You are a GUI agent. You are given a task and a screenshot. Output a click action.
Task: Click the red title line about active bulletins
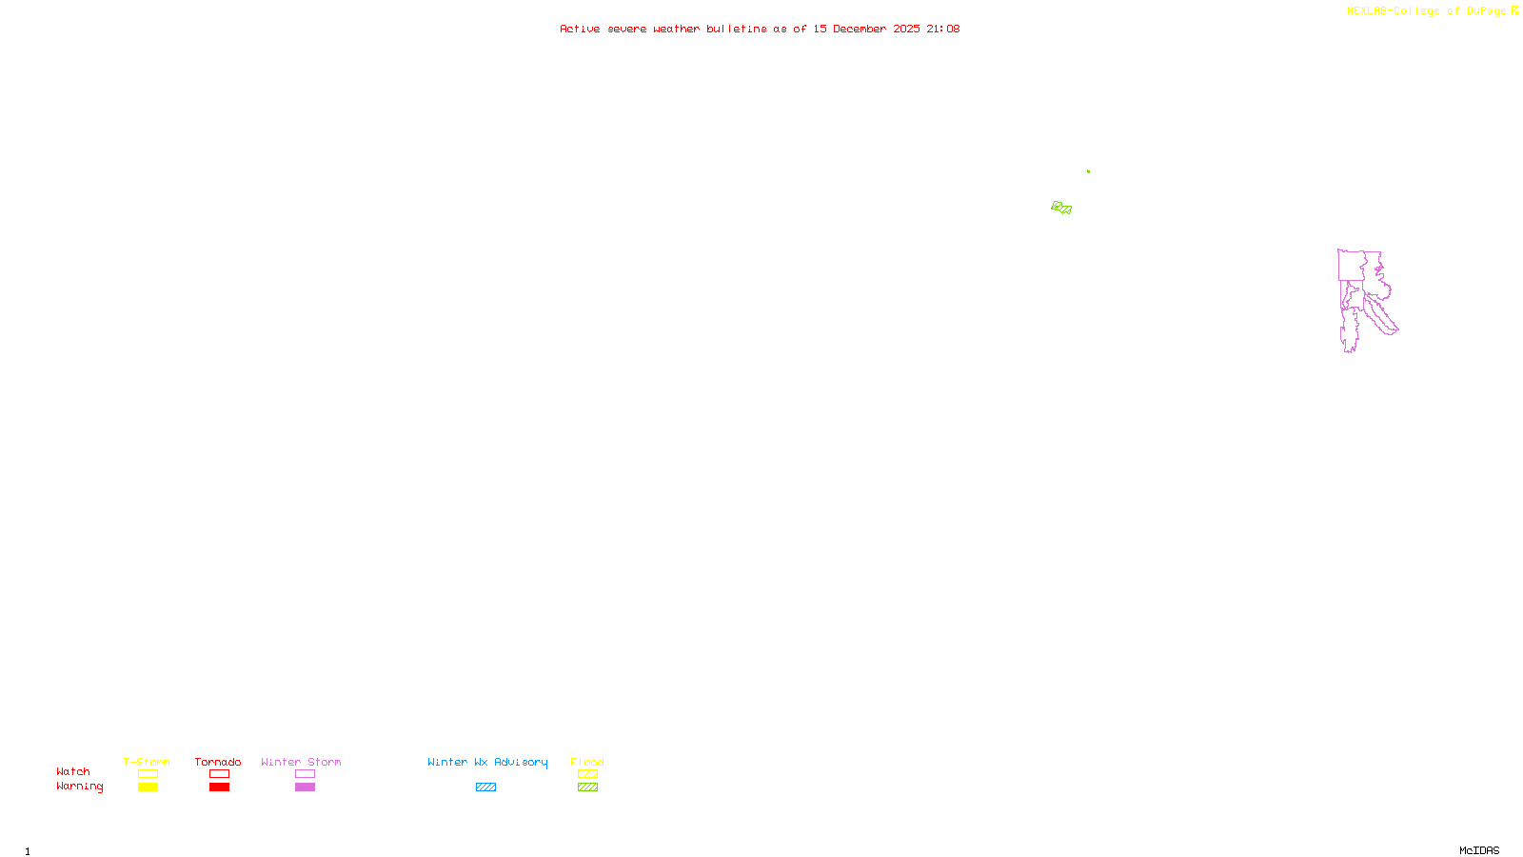click(759, 29)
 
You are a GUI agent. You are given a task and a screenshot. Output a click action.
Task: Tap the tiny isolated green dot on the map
click(1088, 171)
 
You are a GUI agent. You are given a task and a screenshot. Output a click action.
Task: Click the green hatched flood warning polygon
click(1061, 208)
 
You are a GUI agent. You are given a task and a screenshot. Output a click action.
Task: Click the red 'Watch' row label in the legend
click(73, 771)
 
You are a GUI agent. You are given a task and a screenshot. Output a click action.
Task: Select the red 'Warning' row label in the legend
click(79, 787)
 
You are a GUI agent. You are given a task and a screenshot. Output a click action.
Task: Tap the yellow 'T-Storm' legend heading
click(147, 762)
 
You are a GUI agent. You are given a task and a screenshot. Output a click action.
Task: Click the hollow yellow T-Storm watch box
click(148, 774)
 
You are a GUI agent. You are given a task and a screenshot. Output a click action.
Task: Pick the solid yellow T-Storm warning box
click(148, 787)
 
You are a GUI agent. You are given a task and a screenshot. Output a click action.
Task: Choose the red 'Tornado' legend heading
click(218, 762)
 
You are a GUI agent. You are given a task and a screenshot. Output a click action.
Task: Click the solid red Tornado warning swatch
click(219, 787)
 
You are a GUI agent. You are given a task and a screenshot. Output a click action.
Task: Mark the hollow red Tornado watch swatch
click(219, 774)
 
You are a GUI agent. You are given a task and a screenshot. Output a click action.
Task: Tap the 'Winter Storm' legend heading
click(301, 762)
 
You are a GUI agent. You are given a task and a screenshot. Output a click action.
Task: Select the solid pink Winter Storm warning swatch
click(305, 787)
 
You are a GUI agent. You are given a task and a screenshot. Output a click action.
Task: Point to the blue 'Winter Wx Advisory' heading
click(487, 762)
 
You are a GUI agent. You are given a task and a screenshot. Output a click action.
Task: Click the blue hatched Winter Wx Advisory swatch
click(485, 787)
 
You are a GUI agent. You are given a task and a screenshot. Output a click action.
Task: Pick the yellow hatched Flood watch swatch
click(587, 774)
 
